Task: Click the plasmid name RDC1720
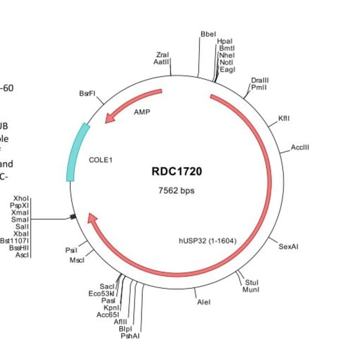[x=177, y=172]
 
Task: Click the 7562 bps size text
[x=177, y=191]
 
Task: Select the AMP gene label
[x=142, y=111]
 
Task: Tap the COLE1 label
[x=101, y=160]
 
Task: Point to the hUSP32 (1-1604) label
[x=208, y=241]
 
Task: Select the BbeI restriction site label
[x=208, y=34]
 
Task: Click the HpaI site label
[x=225, y=41]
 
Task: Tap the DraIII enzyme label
[x=260, y=80]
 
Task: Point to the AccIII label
[x=300, y=147]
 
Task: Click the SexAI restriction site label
[x=289, y=246]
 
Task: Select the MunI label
[x=250, y=289]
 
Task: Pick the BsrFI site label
[x=88, y=94]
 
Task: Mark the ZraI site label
[x=162, y=55]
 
